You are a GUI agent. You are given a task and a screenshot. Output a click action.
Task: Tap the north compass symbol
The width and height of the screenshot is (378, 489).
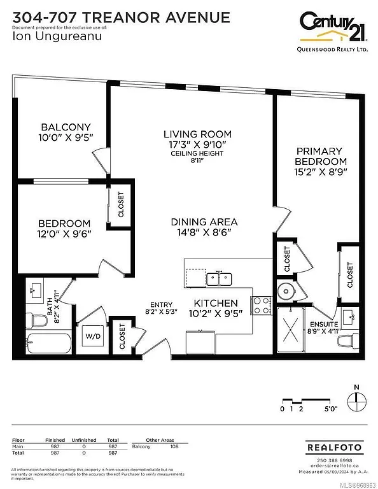[358, 400]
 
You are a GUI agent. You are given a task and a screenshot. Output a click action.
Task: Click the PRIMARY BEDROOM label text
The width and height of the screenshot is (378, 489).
[321, 156]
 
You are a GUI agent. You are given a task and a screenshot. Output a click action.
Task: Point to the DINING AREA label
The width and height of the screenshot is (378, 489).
[204, 222]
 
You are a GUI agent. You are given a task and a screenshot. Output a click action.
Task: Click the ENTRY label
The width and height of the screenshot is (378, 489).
[162, 304]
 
